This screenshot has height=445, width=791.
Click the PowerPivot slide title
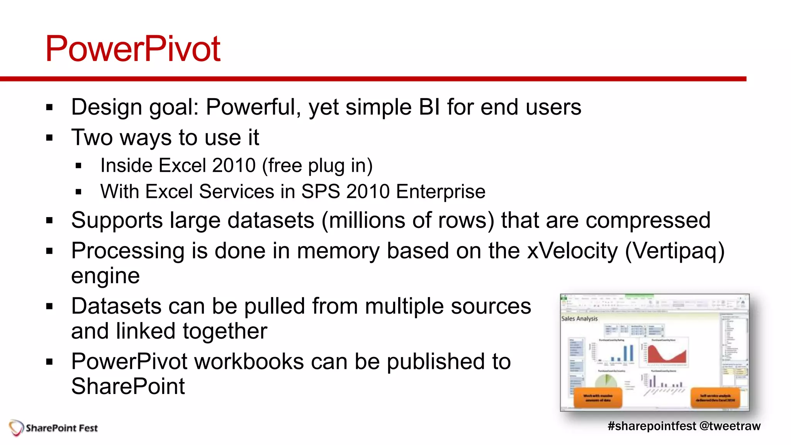pos(132,49)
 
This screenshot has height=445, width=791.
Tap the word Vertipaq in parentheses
pos(674,251)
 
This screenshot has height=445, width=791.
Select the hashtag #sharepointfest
pos(652,426)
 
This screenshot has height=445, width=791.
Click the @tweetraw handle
pos(730,426)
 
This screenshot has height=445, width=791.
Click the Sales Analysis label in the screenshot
pos(579,319)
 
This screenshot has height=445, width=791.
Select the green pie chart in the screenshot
pos(606,380)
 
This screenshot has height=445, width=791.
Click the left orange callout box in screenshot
pos(598,398)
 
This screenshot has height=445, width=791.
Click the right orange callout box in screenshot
pos(715,398)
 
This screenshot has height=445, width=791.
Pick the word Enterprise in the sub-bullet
pos(441,192)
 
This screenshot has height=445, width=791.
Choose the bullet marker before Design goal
pos(49,107)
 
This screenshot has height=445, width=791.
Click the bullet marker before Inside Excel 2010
pos(78,166)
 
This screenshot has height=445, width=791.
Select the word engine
pos(105,276)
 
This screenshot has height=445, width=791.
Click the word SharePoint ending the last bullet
pos(128,386)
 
